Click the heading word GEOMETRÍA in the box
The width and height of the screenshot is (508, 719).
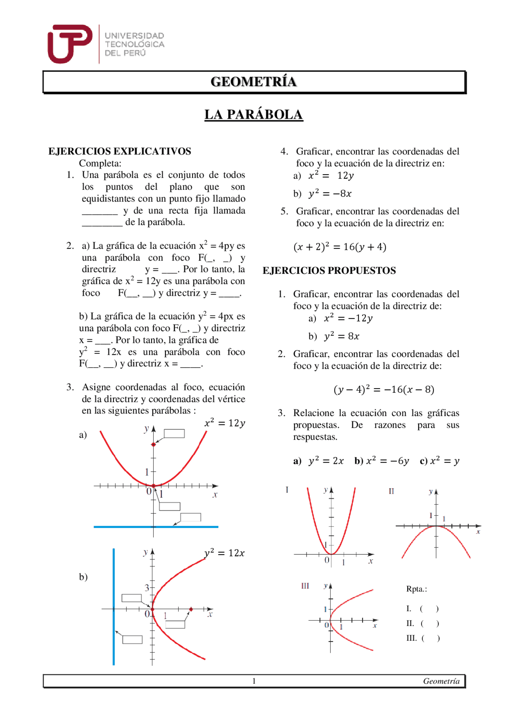[254, 82]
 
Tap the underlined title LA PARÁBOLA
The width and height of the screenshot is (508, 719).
[254, 115]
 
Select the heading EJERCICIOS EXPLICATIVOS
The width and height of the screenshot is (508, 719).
[119, 151]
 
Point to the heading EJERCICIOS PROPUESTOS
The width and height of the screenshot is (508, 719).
[329, 271]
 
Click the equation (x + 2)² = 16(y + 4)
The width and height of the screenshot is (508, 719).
[340, 247]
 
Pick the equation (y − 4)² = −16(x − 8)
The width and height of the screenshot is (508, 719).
[384, 389]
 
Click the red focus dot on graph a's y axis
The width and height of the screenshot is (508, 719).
[154, 444]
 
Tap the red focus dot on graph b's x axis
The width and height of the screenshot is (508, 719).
[191, 609]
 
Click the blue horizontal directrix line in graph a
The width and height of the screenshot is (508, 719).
[119, 527]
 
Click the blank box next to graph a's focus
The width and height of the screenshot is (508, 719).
[174, 434]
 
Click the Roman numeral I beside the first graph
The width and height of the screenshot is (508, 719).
[287, 490]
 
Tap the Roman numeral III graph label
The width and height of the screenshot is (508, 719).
[305, 586]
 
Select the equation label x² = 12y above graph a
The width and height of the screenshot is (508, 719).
[225, 423]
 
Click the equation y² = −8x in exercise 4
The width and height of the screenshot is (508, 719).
[330, 194]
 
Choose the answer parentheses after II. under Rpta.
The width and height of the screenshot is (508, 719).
[429, 624]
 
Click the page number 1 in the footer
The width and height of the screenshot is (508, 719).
[254, 681]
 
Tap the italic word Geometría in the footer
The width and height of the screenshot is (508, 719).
[441, 681]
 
